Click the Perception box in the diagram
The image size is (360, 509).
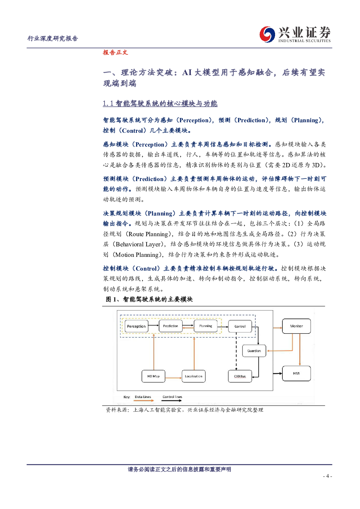(x=136, y=326)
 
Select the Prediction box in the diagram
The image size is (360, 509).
(x=171, y=326)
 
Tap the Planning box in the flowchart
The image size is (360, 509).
(x=205, y=326)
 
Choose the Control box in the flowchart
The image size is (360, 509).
(x=240, y=326)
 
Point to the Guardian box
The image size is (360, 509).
(x=254, y=351)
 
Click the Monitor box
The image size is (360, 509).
(x=296, y=326)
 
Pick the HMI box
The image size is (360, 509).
(x=296, y=373)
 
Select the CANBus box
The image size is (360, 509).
(x=240, y=376)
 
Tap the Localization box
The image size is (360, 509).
(x=194, y=376)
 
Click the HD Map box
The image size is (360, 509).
(x=154, y=376)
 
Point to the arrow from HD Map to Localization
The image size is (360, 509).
(x=173, y=378)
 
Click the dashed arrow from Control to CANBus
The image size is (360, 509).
(x=236, y=351)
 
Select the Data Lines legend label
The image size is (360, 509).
(x=143, y=397)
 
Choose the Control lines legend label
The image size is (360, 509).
(x=172, y=397)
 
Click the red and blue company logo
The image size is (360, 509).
(x=267, y=34)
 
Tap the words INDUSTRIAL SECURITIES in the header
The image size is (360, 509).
(x=304, y=41)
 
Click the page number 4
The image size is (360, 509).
(x=327, y=476)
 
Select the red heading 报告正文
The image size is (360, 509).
(x=115, y=53)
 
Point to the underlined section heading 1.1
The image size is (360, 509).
(x=160, y=104)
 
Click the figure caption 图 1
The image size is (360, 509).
(x=149, y=299)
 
